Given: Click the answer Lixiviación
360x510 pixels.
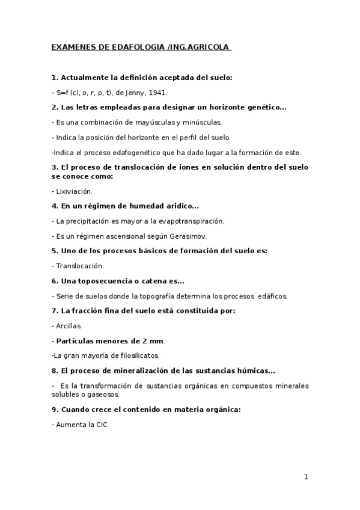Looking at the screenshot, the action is [x=74, y=191].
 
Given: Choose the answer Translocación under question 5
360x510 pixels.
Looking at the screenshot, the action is [x=80, y=265].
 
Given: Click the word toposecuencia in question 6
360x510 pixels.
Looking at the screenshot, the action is [x=105, y=280].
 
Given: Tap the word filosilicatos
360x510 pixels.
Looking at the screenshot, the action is [x=139, y=355].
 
